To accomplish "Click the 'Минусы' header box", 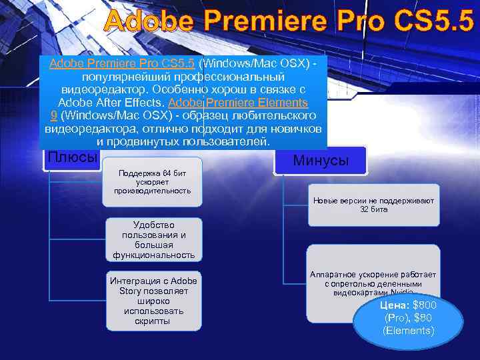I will point(320,161).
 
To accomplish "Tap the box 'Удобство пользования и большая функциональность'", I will point(153,239).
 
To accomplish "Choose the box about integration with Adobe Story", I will point(153,300).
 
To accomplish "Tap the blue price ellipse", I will point(408,317).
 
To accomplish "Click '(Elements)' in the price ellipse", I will point(408,331).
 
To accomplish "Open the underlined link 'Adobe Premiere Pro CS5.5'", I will point(122,63).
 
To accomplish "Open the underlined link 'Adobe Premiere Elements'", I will point(238,103).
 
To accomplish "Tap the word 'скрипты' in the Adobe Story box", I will point(153,321).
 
